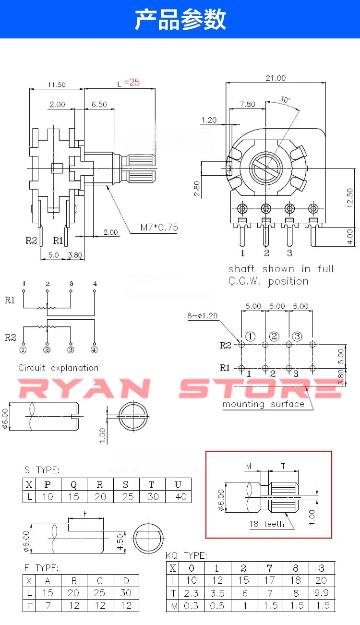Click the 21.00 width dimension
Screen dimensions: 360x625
[276, 78]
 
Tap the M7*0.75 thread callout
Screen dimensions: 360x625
[159, 228]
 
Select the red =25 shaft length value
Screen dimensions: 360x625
[132, 82]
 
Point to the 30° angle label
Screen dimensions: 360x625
[285, 99]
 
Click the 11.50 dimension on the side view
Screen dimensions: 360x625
[57, 84]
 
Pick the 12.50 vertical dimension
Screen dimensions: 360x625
[350, 198]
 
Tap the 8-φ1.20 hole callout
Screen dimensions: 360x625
[203, 315]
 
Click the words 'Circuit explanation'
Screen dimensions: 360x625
[59, 368]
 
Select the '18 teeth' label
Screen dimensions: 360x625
[266, 524]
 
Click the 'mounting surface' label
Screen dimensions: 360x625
[263, 404]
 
